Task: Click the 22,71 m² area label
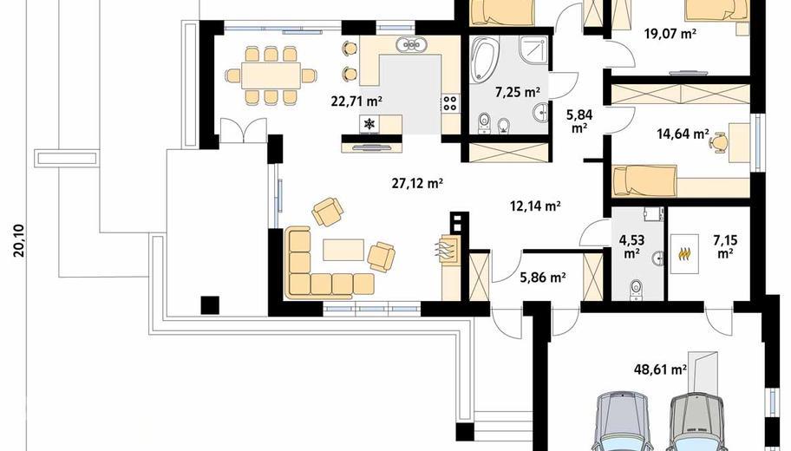tap(356, 101)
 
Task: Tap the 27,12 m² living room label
tap(417, 183)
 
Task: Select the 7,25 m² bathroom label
tap(518, 92)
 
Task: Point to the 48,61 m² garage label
tap(660, 369)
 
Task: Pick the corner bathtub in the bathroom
tap(484, 60)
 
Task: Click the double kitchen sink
tap(412, 45)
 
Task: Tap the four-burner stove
tap(450, 103)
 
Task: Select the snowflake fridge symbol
tap(369, 124)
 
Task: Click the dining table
tap(271, 75)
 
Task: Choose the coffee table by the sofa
tap(343, 250)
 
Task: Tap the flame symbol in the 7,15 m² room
tap(683, 254)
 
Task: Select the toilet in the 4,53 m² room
tap(636, 288)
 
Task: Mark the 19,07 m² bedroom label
tap(670, 35)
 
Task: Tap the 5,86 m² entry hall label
tap(542, 277)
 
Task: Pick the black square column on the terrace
tap(210, 304)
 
